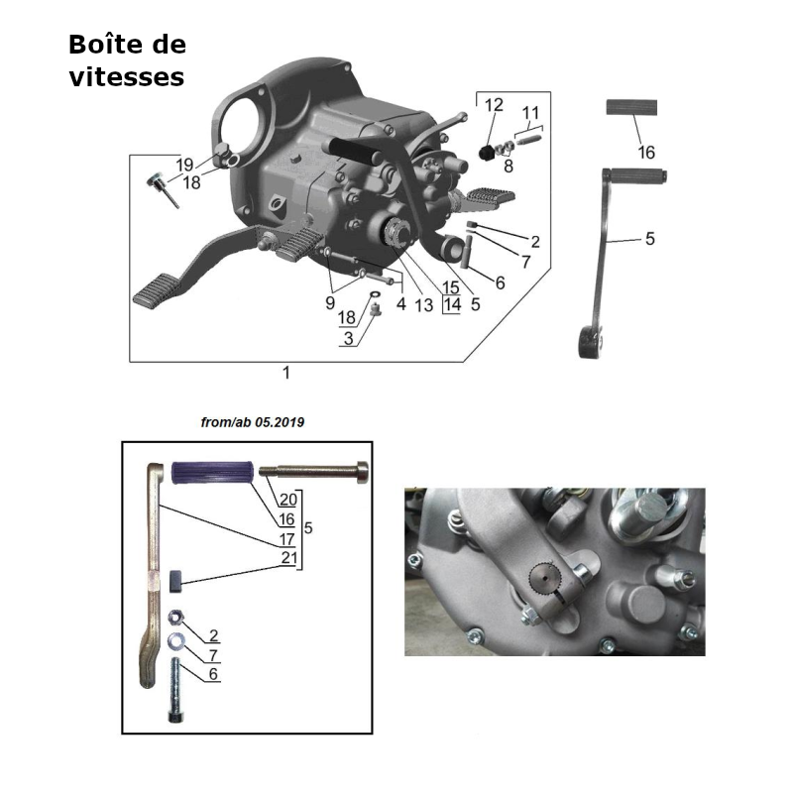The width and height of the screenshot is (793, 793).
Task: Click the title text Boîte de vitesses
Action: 127,60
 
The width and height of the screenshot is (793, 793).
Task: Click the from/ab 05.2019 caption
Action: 252,422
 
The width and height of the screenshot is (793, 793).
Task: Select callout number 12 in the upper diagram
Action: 494,105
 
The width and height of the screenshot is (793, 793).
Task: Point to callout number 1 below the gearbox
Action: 286,373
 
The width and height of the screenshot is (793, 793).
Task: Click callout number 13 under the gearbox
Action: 424,305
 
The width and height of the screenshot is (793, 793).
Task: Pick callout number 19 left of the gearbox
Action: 185,165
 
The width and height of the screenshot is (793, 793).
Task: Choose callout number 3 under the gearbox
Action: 348,338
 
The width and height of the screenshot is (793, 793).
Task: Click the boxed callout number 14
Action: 452,305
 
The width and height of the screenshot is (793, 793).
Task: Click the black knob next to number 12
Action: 487,152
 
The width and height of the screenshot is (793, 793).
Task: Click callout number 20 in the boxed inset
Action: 287,499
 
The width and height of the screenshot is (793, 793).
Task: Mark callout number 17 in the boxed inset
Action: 287,539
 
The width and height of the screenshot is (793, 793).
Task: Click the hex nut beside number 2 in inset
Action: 175,615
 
